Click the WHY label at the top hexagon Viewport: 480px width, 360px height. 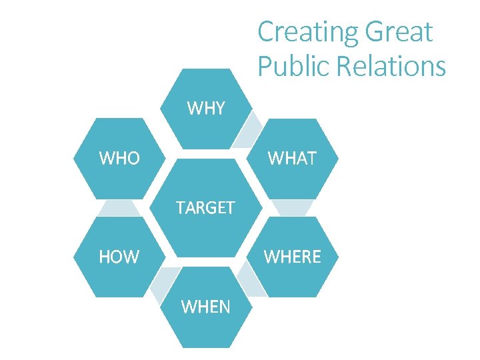pyautogui.click(x=206, y=108)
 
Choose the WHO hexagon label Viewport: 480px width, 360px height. pyautogui.click(x=119, y=158)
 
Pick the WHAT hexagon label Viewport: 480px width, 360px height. pyautogui.click(x=292, y=158)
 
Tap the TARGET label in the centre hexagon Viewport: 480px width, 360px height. pyautogui.click(x=205, y=207)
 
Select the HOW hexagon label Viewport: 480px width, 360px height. pyautogui.click(x=119, y=257)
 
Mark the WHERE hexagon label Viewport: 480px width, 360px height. pyautogui.click(x=292, y=257)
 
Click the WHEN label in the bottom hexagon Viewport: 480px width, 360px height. pyautogui.click(x=206, y=306)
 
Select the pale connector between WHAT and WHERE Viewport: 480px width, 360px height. pyautogui.click(x=292, y=207)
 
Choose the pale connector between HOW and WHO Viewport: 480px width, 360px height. pyautogui.click(x=119, y=207)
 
